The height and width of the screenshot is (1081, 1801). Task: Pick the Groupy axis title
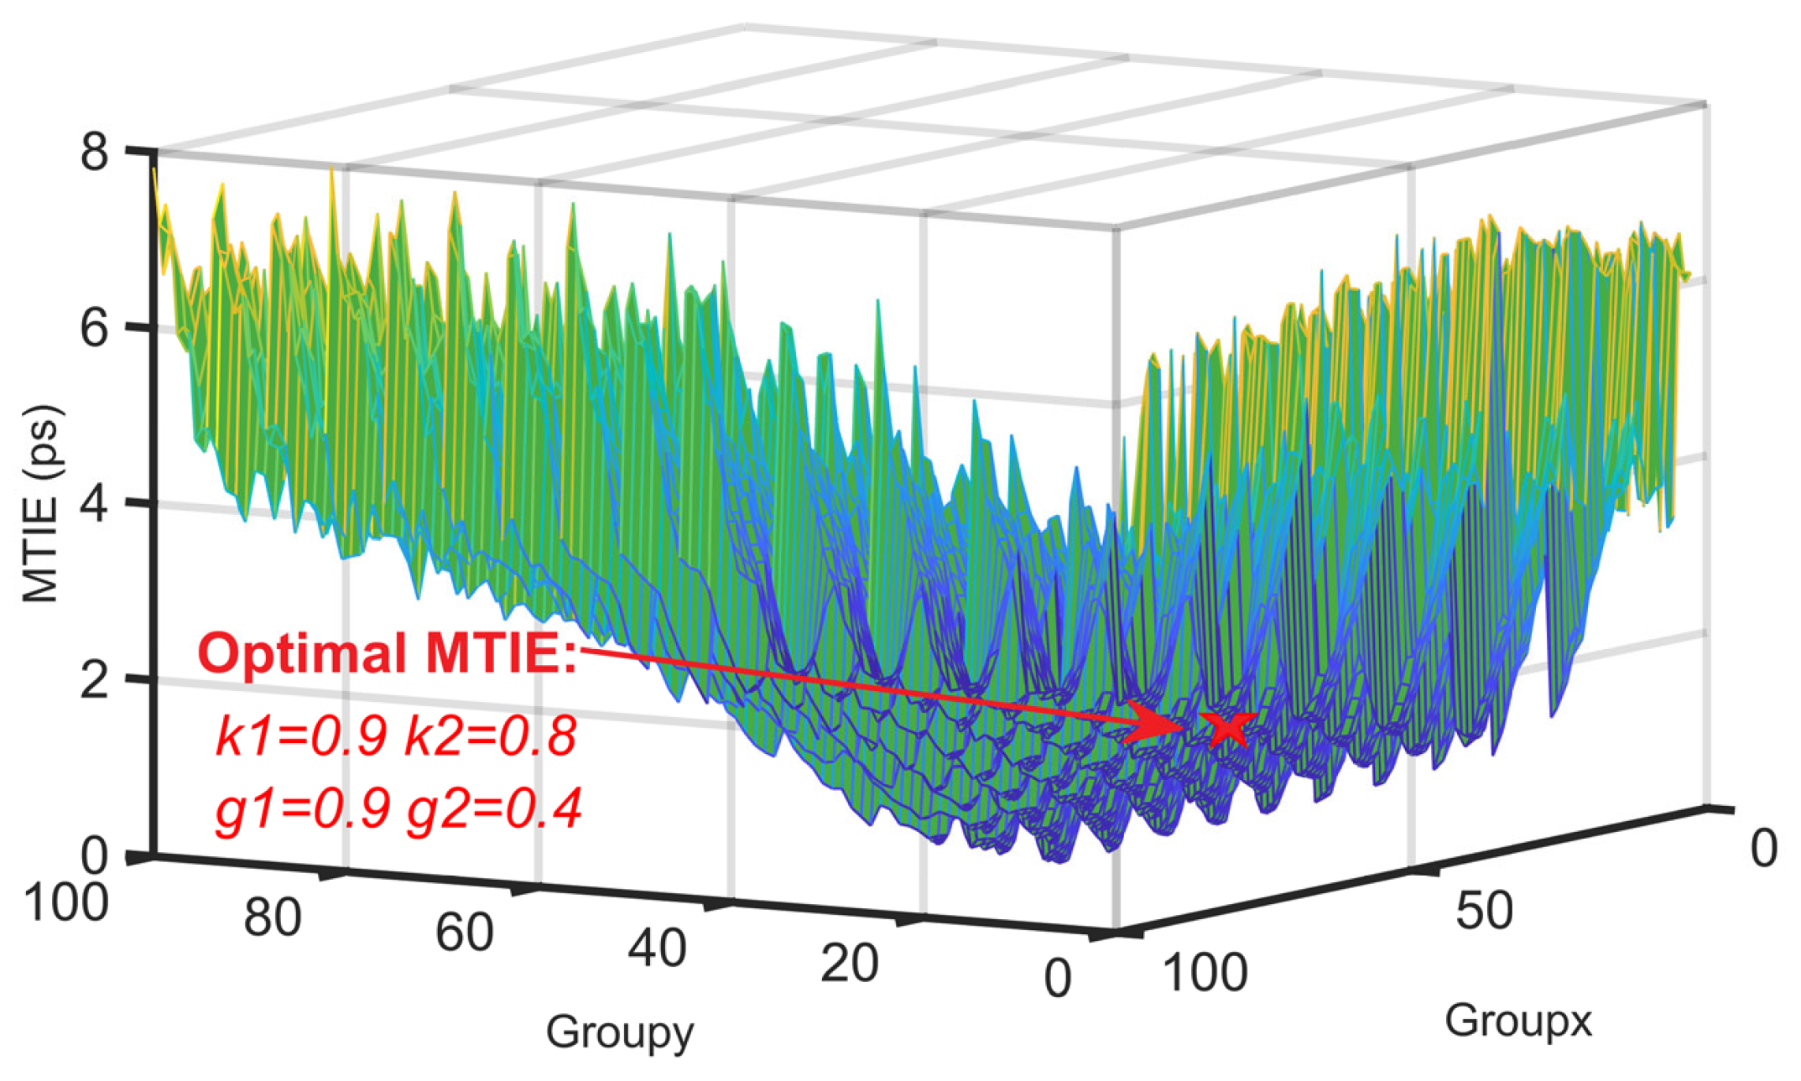[620, 1032]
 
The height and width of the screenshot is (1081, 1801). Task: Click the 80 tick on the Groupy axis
[273, 917]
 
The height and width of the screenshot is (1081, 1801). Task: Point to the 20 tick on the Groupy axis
[849, 963]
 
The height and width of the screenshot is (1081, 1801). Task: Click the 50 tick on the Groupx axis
[1484, 910]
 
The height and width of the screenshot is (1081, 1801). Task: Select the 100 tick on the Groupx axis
[1205, 973]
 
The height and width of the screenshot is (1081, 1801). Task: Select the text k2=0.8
[491, 736]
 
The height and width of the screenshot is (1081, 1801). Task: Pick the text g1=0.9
[303, 809]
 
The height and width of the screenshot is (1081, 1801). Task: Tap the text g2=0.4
[494, 809]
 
